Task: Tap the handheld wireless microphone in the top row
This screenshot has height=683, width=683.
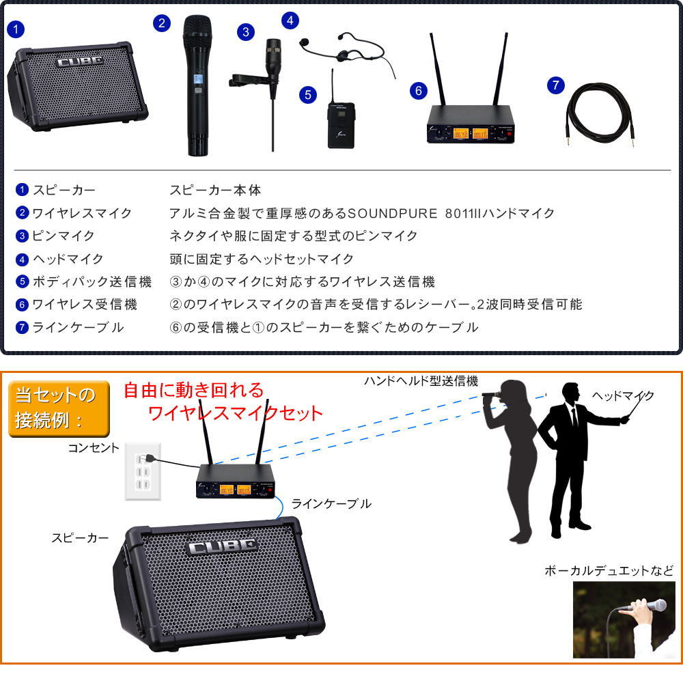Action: pos(198,85)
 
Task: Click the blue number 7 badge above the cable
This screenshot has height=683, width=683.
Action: pos(556,85)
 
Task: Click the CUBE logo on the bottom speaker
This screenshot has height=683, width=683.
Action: pos(223,547)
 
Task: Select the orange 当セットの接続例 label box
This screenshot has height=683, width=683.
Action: pos(59,408)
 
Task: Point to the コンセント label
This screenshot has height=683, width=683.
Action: pos(93,448)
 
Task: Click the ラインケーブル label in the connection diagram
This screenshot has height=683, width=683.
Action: pos(331,504)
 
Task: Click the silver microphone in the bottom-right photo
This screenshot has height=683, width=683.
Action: pos(647,606)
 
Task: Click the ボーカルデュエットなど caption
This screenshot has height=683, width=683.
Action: pos(609,570)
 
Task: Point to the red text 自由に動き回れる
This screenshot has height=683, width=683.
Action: pos(193,390)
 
